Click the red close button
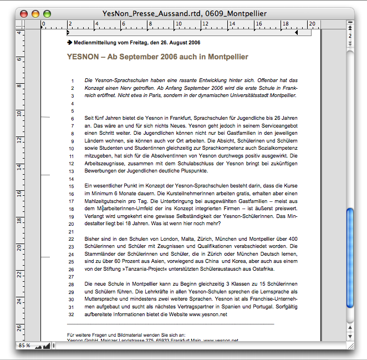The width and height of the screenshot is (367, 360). tap(23, 13)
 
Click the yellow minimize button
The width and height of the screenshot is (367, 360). tap(35, 13)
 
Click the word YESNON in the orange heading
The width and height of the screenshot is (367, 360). tap(82, 57)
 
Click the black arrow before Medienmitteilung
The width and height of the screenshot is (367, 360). tap(69, 42)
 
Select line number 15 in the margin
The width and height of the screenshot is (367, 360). tap(72, 187)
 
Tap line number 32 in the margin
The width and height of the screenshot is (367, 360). tap(72, 315)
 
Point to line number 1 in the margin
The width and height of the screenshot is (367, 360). tap(73, 81)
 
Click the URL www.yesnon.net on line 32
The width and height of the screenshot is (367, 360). tap(208, 315)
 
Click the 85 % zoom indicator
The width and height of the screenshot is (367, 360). tap(23, 345)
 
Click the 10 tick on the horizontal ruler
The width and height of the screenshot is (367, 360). tap(177, 24)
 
